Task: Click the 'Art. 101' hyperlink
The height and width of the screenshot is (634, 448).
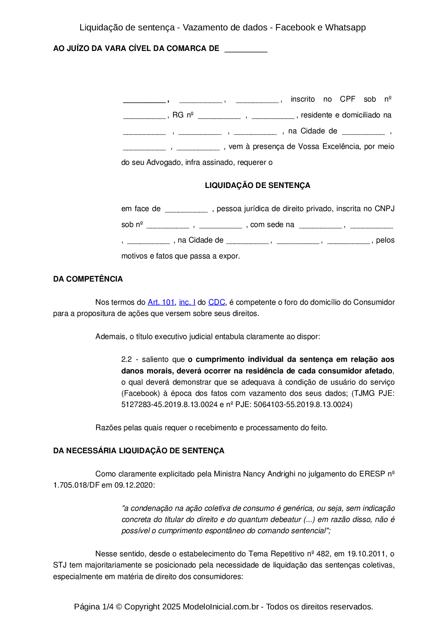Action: pyautogui.click(x=161, y=302)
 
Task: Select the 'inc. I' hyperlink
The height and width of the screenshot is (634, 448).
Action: pyautogui.click(x=187, y=302)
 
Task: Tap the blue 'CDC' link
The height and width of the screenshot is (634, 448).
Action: pyautogui.click(x=217, y=302)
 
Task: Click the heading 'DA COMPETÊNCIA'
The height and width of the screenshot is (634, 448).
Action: pyautogui.click(x=88, y=279)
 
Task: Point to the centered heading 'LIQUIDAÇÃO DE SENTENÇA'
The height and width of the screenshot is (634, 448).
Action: pyautogui.click(x=257, y=185)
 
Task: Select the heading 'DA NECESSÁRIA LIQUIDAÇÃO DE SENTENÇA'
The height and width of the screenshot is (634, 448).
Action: pyautogui.click(x=139, y=451)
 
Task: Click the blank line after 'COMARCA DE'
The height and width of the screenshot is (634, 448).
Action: pyautogui.click(x=246, y=49)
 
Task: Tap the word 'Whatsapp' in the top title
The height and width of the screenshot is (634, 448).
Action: pyautogui.click(x=345, y=27)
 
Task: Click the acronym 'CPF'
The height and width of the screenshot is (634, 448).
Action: pyautogui.click(x=348, y=99)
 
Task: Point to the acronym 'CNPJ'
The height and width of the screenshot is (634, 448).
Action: pyautogui.click(x=384, y=209)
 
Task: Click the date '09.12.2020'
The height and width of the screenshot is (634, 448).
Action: pyautogui.click(x=134, y=485)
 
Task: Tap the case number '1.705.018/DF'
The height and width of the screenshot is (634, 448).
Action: pyautogui.click(x=76, y=485)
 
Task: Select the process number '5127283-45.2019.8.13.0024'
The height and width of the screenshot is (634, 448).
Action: pyautogui.click(x=169, y=404)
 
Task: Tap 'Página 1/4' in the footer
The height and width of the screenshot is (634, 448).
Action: pyautogui.click(x=94, y=607)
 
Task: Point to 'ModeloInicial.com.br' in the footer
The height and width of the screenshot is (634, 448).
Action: pyautogui.click(x=221, y=607)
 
